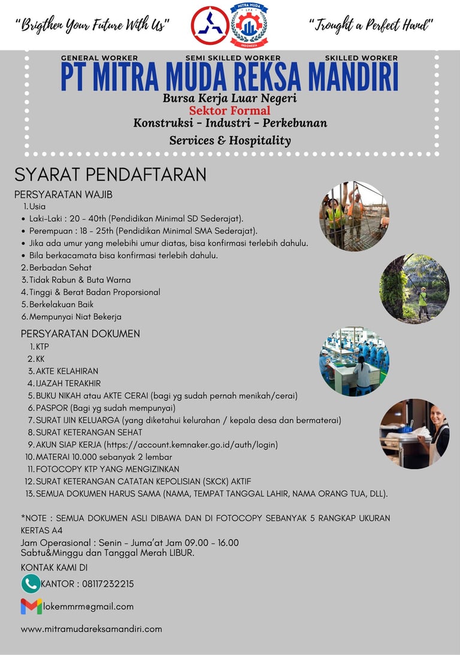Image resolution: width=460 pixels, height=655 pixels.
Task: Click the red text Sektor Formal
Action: click(229, 110)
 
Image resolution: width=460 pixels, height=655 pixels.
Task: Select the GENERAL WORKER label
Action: click(99, 58)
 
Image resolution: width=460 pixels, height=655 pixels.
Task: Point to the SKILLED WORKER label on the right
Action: click(361, 58)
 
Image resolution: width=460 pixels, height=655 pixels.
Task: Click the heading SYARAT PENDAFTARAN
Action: click(110, 175)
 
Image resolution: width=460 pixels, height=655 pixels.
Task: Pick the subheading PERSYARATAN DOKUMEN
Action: click(80, 333)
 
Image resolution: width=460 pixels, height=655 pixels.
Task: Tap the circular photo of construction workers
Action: click(354, 216)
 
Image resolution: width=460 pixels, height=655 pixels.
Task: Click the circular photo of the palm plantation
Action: click(414, 289)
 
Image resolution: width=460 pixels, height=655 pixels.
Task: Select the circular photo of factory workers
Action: click(354, 361)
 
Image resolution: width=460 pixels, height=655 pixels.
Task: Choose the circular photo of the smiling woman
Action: click(414, 434)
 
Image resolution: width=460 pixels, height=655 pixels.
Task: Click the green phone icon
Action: click(30, 584)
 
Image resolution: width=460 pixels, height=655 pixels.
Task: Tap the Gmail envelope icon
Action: click(31, 606)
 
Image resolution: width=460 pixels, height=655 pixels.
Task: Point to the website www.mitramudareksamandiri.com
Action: click(91, 629)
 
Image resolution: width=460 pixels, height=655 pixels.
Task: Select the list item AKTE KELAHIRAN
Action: click(67, 371)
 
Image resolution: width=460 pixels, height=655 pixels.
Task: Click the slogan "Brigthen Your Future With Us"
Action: click(92, 25)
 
